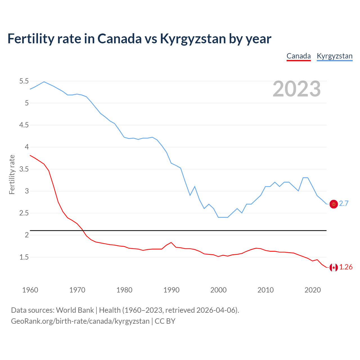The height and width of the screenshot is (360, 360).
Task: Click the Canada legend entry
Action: [298, 56]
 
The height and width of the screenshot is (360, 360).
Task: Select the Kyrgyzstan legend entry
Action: [334, 56]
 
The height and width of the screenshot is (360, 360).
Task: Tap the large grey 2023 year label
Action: [296, 89]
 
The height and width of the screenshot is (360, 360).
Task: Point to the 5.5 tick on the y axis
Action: [24, 81]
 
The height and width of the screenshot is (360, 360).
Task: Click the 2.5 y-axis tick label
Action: [24, 213]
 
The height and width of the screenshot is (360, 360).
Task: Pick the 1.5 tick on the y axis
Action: [24, 257]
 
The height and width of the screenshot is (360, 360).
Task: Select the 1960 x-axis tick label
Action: [30, 290]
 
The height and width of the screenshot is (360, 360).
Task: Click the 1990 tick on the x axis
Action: [171, 290]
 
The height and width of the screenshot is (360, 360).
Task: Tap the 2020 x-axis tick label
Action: [312, 290]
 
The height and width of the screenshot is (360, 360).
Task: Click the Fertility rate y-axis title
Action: [12, 174]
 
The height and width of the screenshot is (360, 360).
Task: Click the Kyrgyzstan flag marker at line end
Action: [334, 204]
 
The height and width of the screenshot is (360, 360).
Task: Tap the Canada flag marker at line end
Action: [334, 267]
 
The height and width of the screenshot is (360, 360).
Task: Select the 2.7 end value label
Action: [344, 204]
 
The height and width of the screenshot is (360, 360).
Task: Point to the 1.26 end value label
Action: [346, 267]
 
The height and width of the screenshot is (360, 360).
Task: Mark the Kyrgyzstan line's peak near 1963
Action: [44, 82]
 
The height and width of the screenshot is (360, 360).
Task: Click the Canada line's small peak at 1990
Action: [171, 242]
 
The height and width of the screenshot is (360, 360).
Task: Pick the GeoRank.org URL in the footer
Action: [80, 321]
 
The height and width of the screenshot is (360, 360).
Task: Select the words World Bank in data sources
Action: [75, 310]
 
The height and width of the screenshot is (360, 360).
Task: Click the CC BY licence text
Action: [165, 321]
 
